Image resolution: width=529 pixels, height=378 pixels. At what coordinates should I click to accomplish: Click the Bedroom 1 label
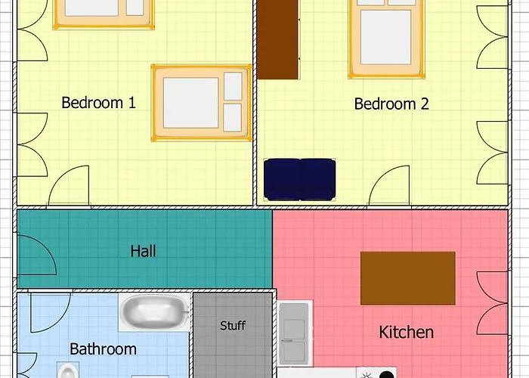coord(98,103)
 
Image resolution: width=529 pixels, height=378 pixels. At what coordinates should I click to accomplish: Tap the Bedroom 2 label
coord(391,104)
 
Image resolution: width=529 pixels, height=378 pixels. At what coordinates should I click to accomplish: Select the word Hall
coord(143,251)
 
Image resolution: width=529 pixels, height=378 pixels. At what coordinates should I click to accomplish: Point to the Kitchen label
coord(407,332)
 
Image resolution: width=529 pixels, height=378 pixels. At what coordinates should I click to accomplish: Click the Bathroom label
coord(104,349)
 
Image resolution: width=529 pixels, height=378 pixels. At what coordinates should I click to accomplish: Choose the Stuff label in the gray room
coord(233,325)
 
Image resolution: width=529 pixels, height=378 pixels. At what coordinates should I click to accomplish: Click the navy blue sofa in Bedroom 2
coord(299,179)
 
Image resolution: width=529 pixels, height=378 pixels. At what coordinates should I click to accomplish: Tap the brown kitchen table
coord(408,278)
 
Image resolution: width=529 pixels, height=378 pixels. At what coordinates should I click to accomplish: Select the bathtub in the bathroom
coord(155,312)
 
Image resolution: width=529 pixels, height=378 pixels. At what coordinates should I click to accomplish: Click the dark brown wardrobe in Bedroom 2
coord(277,39)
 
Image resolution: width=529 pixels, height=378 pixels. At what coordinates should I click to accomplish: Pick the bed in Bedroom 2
coord(386,39)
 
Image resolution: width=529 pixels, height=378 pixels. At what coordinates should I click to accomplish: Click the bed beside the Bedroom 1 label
coord(202,103)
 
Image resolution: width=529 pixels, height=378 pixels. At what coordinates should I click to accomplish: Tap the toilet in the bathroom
coord(68,370)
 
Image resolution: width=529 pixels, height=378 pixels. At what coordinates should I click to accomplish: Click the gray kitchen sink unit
coord(294,333)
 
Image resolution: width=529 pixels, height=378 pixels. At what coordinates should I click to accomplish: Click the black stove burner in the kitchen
coord(387,375)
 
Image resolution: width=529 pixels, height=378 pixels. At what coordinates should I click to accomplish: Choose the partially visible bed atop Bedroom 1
coord(104,14)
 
